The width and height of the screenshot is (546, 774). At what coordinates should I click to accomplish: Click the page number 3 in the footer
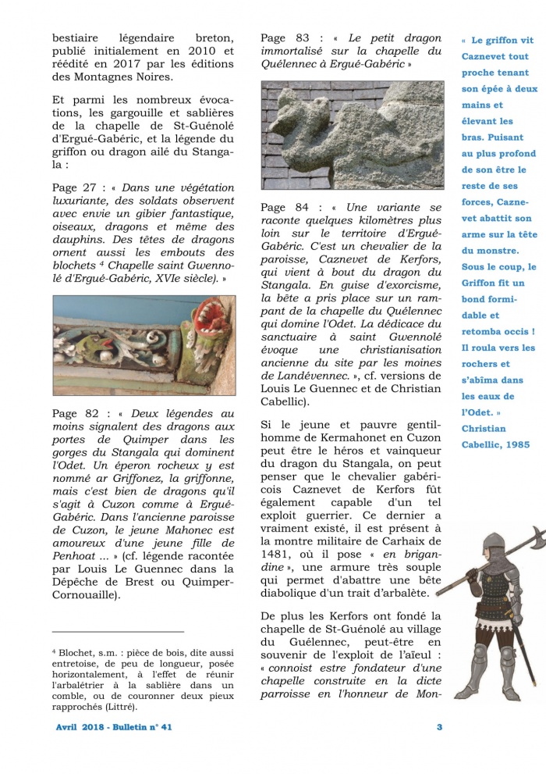point(439,727)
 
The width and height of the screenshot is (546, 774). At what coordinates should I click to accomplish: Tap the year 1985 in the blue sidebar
point(515,444)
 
